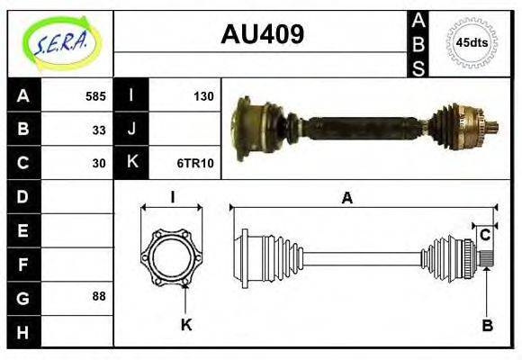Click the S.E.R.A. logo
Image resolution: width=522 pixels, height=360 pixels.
pos(59,42)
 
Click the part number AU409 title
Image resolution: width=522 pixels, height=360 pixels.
pos(262,34)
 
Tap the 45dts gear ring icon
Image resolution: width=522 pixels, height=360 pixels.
pos(472,42)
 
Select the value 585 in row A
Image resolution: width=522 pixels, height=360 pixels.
pos(95,96)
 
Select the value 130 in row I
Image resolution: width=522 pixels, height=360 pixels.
pos(204,96)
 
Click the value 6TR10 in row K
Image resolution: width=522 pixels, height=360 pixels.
pos(198,163)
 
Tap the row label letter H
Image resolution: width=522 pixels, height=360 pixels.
pos(22,330)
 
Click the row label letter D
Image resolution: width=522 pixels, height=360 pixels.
pos(22,196)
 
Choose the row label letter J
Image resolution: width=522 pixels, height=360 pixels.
pos(131,130)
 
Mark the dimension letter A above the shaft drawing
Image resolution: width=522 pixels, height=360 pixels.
pos(346,199)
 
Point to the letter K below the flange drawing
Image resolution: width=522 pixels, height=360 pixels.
pos(186,325)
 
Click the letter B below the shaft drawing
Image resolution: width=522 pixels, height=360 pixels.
pos(487,326)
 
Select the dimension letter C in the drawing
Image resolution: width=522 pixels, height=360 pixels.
pos(485,236)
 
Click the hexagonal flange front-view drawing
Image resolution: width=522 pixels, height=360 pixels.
pos(171,257)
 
